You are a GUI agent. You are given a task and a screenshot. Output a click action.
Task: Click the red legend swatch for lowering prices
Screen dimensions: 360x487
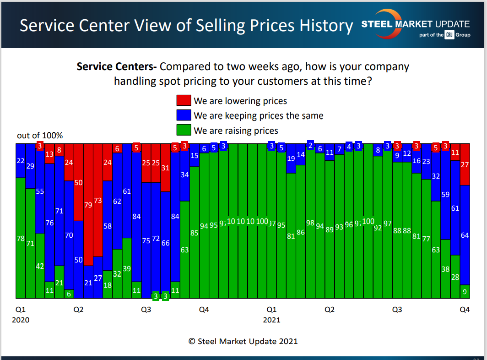(x=184, y=101)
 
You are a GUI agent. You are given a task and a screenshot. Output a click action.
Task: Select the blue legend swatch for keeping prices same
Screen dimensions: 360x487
(x=184, y=115)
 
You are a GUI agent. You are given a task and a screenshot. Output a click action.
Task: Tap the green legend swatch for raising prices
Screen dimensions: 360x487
(x=184, y=130)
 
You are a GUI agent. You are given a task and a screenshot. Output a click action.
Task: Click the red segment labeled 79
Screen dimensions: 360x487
(x=88, y=205)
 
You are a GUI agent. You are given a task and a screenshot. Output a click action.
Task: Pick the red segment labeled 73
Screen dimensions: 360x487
(x=97, y=200)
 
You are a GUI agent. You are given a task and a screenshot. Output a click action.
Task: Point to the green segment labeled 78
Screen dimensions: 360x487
(x=20, y=238)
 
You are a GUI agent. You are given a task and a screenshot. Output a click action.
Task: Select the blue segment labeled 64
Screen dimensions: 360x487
(x=465, y=235)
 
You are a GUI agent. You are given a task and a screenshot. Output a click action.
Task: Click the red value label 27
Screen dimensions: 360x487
(x=465, y=164)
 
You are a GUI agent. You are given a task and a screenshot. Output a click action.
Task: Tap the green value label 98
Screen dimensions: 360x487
(x=310, y=223)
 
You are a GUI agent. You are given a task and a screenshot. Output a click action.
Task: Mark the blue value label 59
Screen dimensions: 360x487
(x=445, y=195)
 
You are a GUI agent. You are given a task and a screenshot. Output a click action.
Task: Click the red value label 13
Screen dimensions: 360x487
(x=49, y=154)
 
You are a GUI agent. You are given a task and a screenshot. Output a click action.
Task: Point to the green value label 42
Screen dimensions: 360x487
(x=40, y=267)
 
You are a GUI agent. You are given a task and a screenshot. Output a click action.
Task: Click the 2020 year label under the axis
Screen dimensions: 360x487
(x=20, y=320)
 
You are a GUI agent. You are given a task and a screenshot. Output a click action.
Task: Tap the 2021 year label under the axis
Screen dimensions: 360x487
(x=271, y=320)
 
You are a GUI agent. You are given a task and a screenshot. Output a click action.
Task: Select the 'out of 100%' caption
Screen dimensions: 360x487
(x=40, y=136)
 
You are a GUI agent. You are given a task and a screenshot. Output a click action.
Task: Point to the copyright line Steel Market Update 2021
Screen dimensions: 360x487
(x=243, y=341)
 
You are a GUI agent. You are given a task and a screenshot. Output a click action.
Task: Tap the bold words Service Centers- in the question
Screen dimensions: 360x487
(x=117, y=66)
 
